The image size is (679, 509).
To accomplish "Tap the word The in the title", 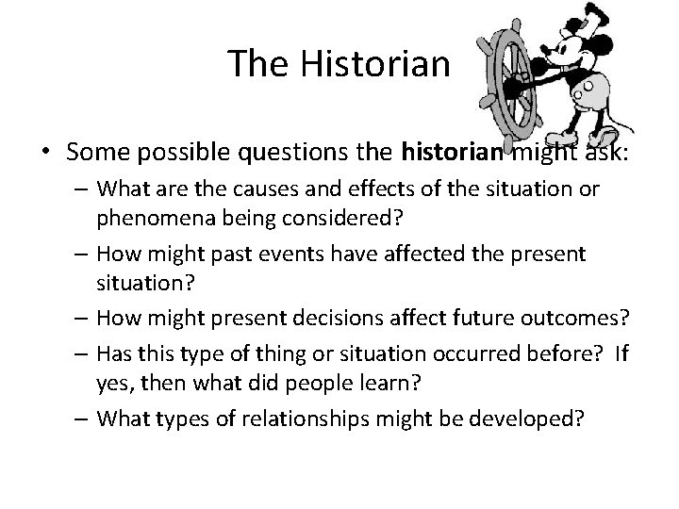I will pyautogui.click(x=251, y=64).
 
